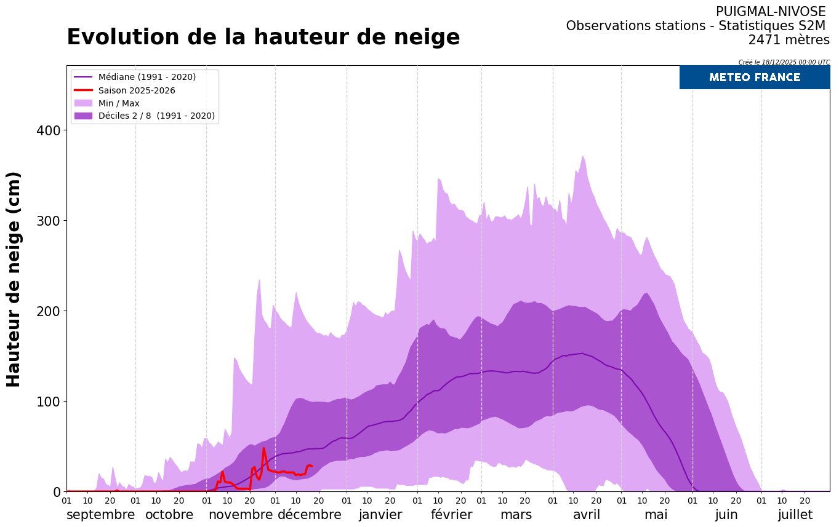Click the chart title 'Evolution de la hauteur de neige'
pos(263,38)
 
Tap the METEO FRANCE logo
pos(754,77)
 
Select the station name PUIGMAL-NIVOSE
pos(770,12)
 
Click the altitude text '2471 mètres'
pos(789,40)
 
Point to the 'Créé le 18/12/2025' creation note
pos(784,62)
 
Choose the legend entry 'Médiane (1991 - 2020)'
pos(147,77)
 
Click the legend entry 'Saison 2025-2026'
pos(137,90)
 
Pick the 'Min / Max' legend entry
pos(119,103)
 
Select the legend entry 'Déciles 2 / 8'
pos(156,116)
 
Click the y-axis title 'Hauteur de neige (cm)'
pos(14,279)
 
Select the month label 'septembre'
pos(100,515)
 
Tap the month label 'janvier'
pos(380,515)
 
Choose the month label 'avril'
pos(586,515)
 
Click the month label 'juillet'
pos(795,515)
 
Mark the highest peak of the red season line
pos(263,448)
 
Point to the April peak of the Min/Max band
pos(582,156)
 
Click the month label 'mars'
pos(516,515)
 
